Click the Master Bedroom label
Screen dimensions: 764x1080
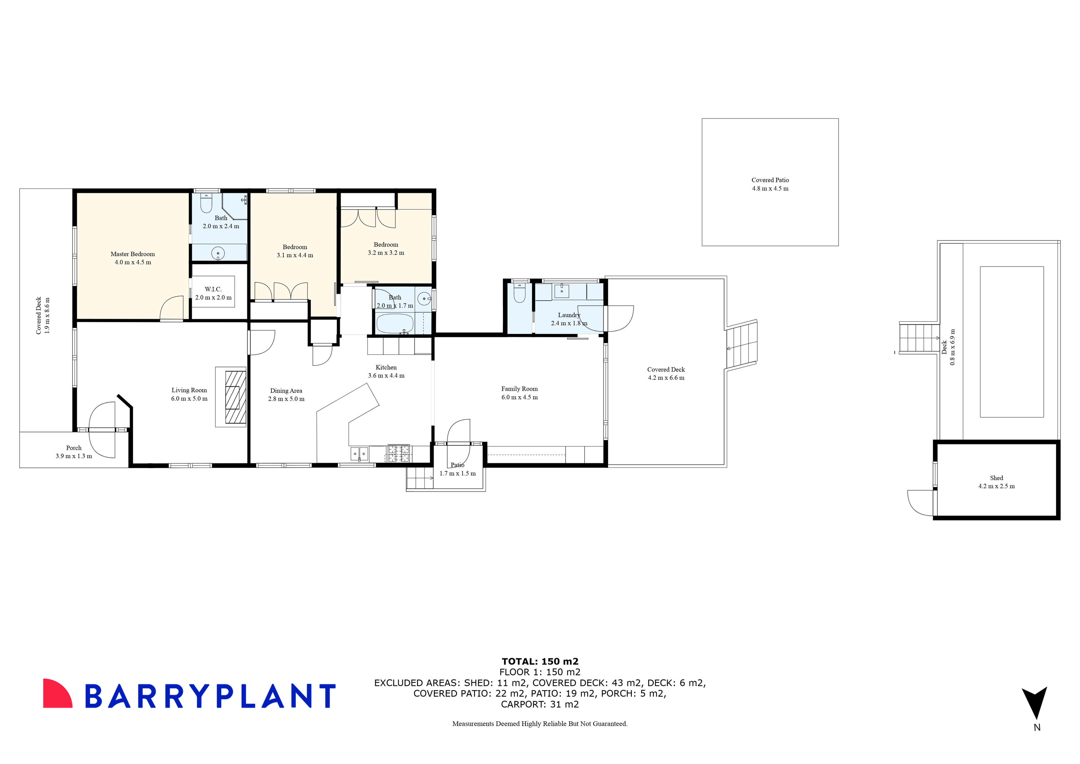point(133,254)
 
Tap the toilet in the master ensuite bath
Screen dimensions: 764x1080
point(206,203)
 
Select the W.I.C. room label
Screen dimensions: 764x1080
point(213,289)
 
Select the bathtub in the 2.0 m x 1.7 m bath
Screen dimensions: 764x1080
point(394,324)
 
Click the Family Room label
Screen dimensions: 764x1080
point(519,389)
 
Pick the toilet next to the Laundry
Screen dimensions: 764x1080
point(519,294)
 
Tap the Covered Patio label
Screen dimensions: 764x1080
point(770,180)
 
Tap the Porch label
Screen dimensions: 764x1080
point(74,448)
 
